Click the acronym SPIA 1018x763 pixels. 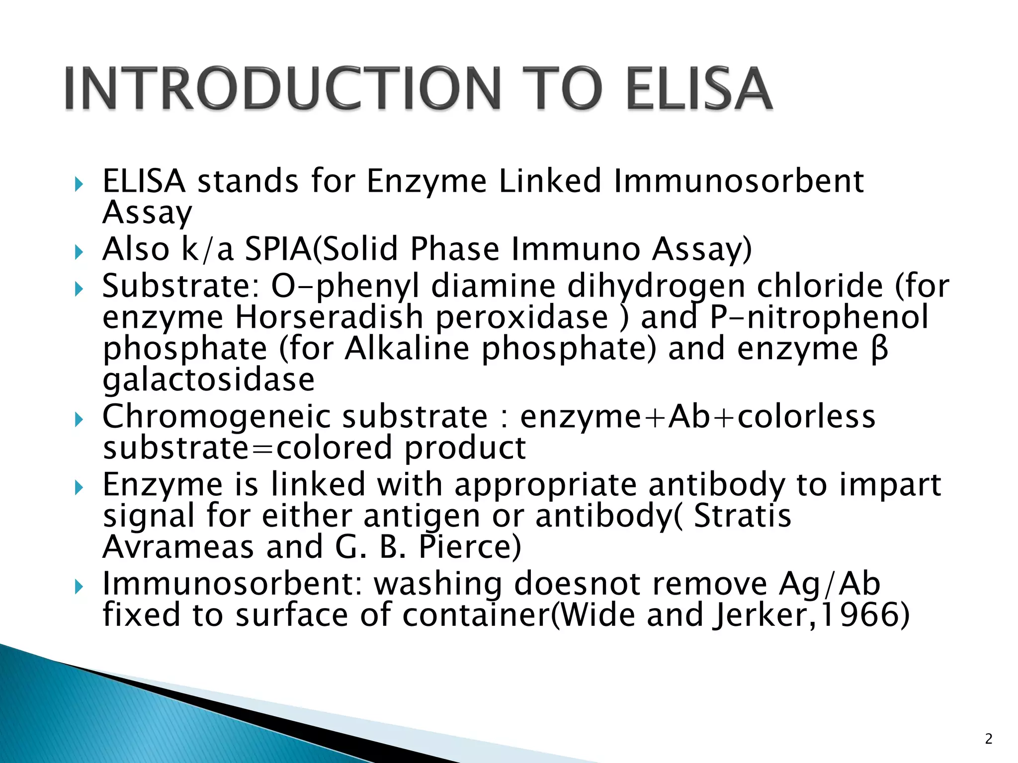coord(278,249)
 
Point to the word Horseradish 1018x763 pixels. coord(329,317)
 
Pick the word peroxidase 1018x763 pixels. coord(522,317)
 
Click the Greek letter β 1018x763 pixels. coord(880,349)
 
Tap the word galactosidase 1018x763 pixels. coord(209,380)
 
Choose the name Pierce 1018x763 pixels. coord(469,547)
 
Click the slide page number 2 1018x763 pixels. coord(989,739)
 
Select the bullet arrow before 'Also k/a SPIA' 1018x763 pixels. coord(79,252)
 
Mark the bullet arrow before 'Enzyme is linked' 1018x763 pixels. coord(79,488)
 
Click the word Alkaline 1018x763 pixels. coord(407,349)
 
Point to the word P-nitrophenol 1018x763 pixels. coord(819,317)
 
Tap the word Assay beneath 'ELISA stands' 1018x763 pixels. coord(147,213)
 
